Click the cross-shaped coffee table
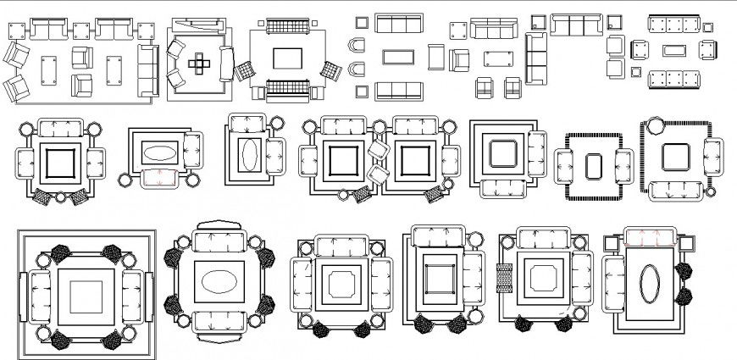(200, 61)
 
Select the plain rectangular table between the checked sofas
(286, 58)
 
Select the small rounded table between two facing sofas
(593, 165)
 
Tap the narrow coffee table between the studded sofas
(675, 51)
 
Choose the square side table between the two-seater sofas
(82, 31)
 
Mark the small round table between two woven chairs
(61, 197)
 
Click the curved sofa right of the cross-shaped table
(227, 62)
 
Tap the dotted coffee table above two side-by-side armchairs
(497, 58)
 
